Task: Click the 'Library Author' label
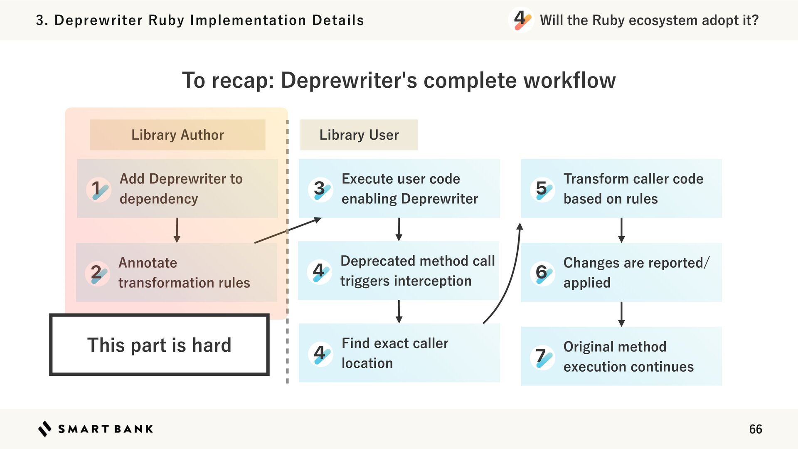pyautogui.click(x=177, y=135)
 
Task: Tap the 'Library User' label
pyautogui.click(x=359, y=135)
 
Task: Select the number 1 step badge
pyautogui.click(x=99, y=190)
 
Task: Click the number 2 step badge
pyautogui.click(x=98, y=273)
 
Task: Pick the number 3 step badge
pyautogui.click(x=320, y=190)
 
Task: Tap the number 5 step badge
pyautogui.click(x=542, y=190)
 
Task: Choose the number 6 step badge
pyautogui.click(x=542, y=273)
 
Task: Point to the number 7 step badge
pyautogui.click(x=542, y=357)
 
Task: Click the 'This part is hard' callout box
pyautogui.click(x=159, y=345)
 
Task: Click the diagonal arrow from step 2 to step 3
pyautogui.click(x=288, y=230)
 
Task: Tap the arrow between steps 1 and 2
pyautogui.click(x=177, y=230)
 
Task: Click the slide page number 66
pyautogui.click(x=755, y=429)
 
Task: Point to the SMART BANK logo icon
pyautogui.click(x=44, y=429)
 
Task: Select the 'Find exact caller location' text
pyautogui.click(x=395, y=353)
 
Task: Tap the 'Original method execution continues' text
pyautogui.click(x=628, y=357)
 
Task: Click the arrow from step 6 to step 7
pyautogui.click(x=621, y=314)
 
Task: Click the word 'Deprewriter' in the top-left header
pyautogui.click(x=99, y=20)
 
